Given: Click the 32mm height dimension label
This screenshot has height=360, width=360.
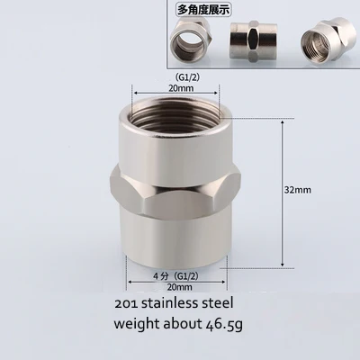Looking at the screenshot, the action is (x=298, y=190).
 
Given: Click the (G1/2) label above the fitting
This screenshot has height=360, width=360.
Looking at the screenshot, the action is (x=187, y=77).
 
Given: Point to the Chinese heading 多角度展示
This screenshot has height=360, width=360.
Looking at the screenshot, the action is (x=203, y=10).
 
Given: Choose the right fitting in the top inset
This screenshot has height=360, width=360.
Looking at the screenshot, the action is (x=324, y=42).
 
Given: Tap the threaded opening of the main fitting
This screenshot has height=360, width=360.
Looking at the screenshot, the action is (x=176, y=110).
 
